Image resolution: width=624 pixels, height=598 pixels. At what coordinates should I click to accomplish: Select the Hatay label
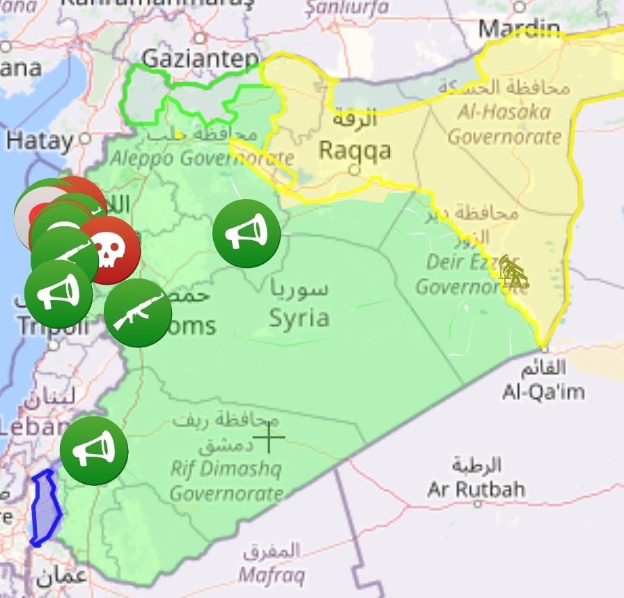(40, 141)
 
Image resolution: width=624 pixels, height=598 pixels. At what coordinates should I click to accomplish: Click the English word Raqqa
(354, 150)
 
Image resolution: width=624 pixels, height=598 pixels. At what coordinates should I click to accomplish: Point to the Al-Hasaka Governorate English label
(504, 123)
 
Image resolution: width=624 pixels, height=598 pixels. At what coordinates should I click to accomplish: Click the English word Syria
(299, 317)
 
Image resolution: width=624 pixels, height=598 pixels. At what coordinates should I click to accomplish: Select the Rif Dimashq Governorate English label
(226, 481)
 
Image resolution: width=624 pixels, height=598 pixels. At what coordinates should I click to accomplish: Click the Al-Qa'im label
(543, 392)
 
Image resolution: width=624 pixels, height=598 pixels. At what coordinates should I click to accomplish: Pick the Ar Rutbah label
(476, 489)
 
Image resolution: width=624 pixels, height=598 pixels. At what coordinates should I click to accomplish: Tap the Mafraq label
(271, 576)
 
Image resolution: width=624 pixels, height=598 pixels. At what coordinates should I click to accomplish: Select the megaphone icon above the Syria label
(247, 233)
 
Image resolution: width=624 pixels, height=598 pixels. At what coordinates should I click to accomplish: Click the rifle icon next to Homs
(138, 313)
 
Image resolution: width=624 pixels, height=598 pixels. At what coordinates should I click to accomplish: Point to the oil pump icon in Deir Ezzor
(513, 272)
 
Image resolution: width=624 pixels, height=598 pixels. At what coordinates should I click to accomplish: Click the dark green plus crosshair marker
(268, 438)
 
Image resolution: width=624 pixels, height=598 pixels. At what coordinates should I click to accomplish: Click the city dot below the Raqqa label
(354, 169)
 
